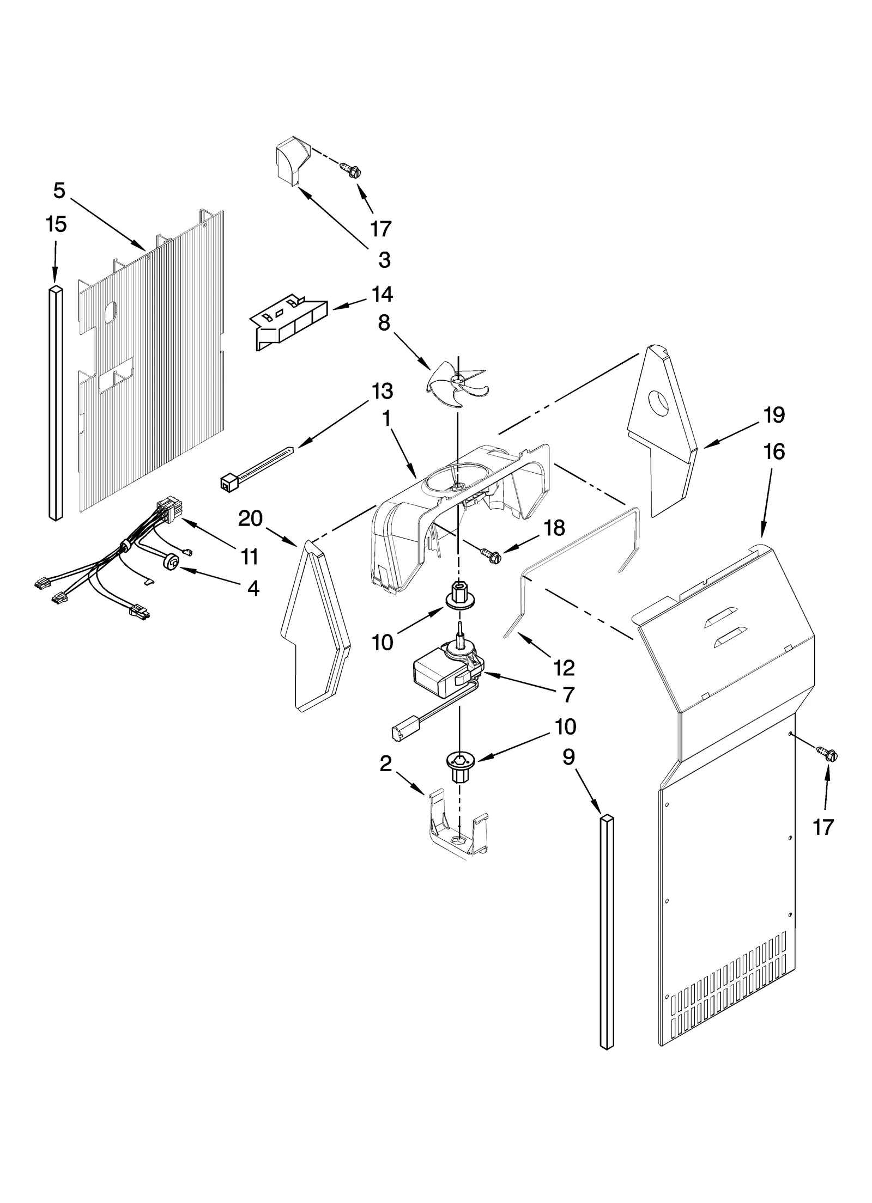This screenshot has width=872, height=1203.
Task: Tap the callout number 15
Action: [56, 224]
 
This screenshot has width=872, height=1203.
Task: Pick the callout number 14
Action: [382, 294]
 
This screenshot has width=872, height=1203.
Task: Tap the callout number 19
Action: [773, 415]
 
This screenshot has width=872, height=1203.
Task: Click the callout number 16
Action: [774, 451]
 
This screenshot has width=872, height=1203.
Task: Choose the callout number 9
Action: [568, 758]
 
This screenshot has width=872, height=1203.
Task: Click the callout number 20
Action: [250, 518]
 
